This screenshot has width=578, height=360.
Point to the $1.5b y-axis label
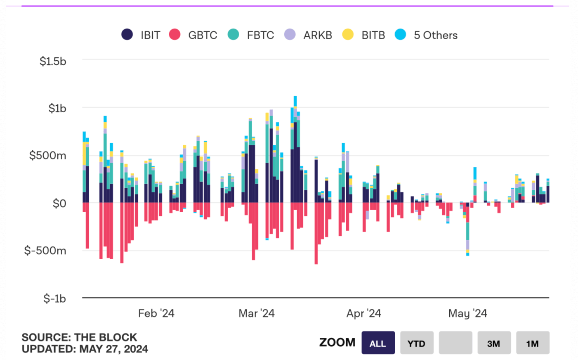(53, 62)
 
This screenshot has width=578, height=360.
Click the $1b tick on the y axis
(57, 109)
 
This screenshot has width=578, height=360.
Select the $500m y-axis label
(47, 156)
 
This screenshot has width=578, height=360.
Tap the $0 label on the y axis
(59, 204)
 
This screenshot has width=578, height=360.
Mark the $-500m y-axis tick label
(45, 251)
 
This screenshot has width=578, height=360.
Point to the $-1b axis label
(54, 298)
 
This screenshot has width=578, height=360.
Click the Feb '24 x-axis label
(156, 313)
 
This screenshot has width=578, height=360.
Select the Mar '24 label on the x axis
(256, 313)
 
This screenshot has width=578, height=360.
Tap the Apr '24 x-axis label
(363, 313)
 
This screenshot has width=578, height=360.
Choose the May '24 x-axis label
(467, 313)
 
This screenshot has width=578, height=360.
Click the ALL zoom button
(378, 343)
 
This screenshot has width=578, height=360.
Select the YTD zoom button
(417, 343)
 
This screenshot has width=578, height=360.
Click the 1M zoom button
(532, 343)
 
